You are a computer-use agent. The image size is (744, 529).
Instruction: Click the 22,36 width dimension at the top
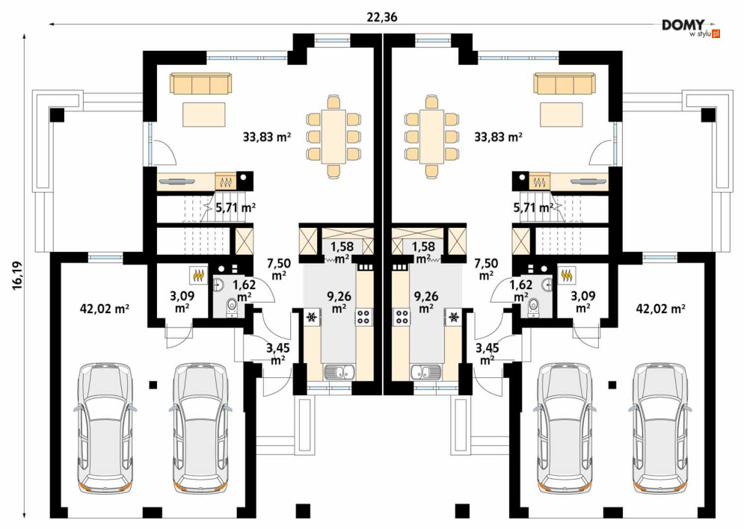[382, 17]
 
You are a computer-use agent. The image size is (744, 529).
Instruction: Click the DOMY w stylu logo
[691, 28]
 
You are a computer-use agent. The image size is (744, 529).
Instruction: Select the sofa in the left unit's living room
[201, 84]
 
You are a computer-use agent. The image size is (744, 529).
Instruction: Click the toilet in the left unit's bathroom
[232, 307]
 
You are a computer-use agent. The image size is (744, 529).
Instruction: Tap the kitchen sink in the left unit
[339, 372]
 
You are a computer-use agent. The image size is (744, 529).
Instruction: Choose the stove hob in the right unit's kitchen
[402, 316]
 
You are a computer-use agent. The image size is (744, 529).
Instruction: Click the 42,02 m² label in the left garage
[105, 309]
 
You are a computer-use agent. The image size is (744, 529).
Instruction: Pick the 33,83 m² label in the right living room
[498, 137]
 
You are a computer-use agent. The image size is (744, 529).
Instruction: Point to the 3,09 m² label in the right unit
[583, 302]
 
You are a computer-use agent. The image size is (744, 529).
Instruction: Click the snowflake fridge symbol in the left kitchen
[313, 317]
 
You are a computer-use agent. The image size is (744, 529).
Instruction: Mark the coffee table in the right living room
[562, 114]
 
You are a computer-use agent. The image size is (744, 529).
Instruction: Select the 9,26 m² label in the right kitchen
[426, 302]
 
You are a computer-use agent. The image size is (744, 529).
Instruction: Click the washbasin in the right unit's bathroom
[546, 285]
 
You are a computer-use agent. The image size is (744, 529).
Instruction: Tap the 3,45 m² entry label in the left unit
[278, 354]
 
